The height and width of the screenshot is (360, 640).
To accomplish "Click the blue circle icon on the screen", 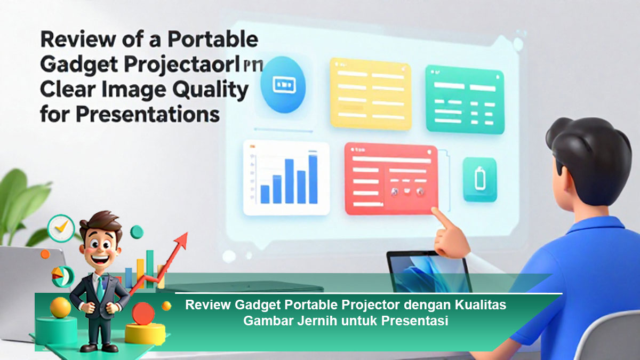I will [x=283, y=85].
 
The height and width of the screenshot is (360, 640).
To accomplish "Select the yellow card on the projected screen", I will [x=370, y=93].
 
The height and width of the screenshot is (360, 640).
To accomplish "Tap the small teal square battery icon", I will [x=479, y=179].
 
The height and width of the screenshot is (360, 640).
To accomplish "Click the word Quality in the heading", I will [x=213, y=90].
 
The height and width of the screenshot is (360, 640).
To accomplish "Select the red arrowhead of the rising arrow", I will [x=181, y=241].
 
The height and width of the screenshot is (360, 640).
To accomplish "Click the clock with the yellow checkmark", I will [x=60, y=228].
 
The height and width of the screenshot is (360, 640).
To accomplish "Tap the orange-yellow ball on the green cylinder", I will [x=60, y=308].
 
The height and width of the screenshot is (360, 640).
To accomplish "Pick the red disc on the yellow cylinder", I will [x=143, y=313].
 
